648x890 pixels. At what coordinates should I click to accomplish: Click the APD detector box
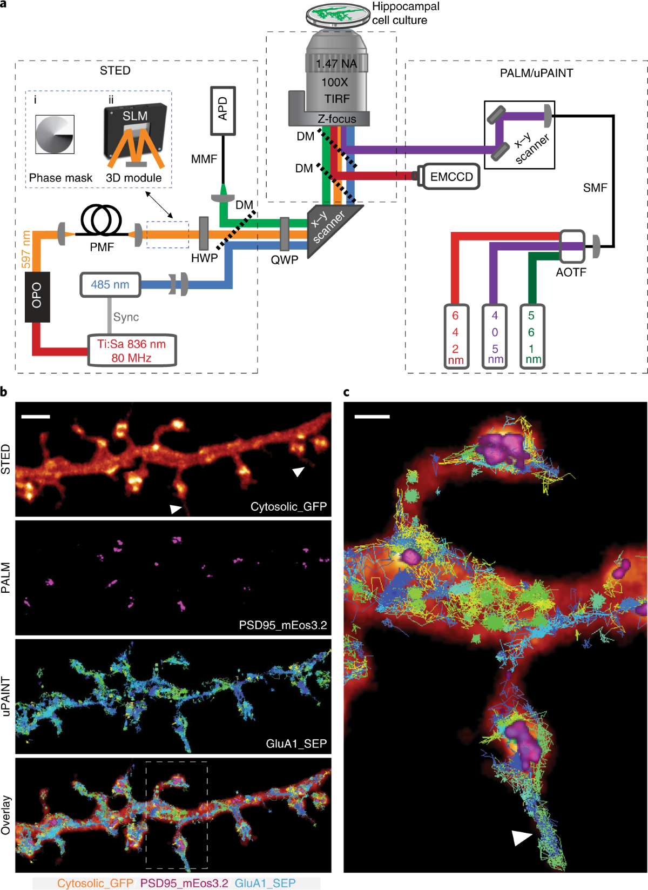click(223, 110)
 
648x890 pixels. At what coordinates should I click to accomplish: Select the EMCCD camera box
click(451, 177)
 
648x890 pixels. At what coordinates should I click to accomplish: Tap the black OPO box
click(37, 297)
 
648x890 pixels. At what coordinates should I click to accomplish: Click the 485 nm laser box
click(110, 285)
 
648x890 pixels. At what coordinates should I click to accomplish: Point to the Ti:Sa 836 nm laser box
click(132, 351)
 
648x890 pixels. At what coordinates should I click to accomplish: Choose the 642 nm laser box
click(456, 337)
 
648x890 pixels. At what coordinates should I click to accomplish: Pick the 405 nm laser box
click(495, 337)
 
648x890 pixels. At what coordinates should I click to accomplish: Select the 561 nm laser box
click(532, 337)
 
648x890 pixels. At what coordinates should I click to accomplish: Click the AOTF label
click(571, 272)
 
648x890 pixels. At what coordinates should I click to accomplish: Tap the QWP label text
click(285, 260)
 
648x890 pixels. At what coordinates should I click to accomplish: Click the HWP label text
click(204, 258)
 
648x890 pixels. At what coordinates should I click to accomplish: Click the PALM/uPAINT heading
click(536, 73)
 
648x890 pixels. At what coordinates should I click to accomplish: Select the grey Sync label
click(126, 317)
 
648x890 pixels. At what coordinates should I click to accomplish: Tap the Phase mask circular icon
click(55, 135)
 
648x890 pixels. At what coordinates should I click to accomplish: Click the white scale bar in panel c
click(372, 417)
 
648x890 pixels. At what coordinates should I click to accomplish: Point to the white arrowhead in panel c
click(521, 838)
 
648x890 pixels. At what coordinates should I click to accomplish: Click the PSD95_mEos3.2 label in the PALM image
click(283, 625)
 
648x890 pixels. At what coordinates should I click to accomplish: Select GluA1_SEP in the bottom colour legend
click(265, 883)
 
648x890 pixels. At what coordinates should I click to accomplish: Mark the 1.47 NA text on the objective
click(336, 64)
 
